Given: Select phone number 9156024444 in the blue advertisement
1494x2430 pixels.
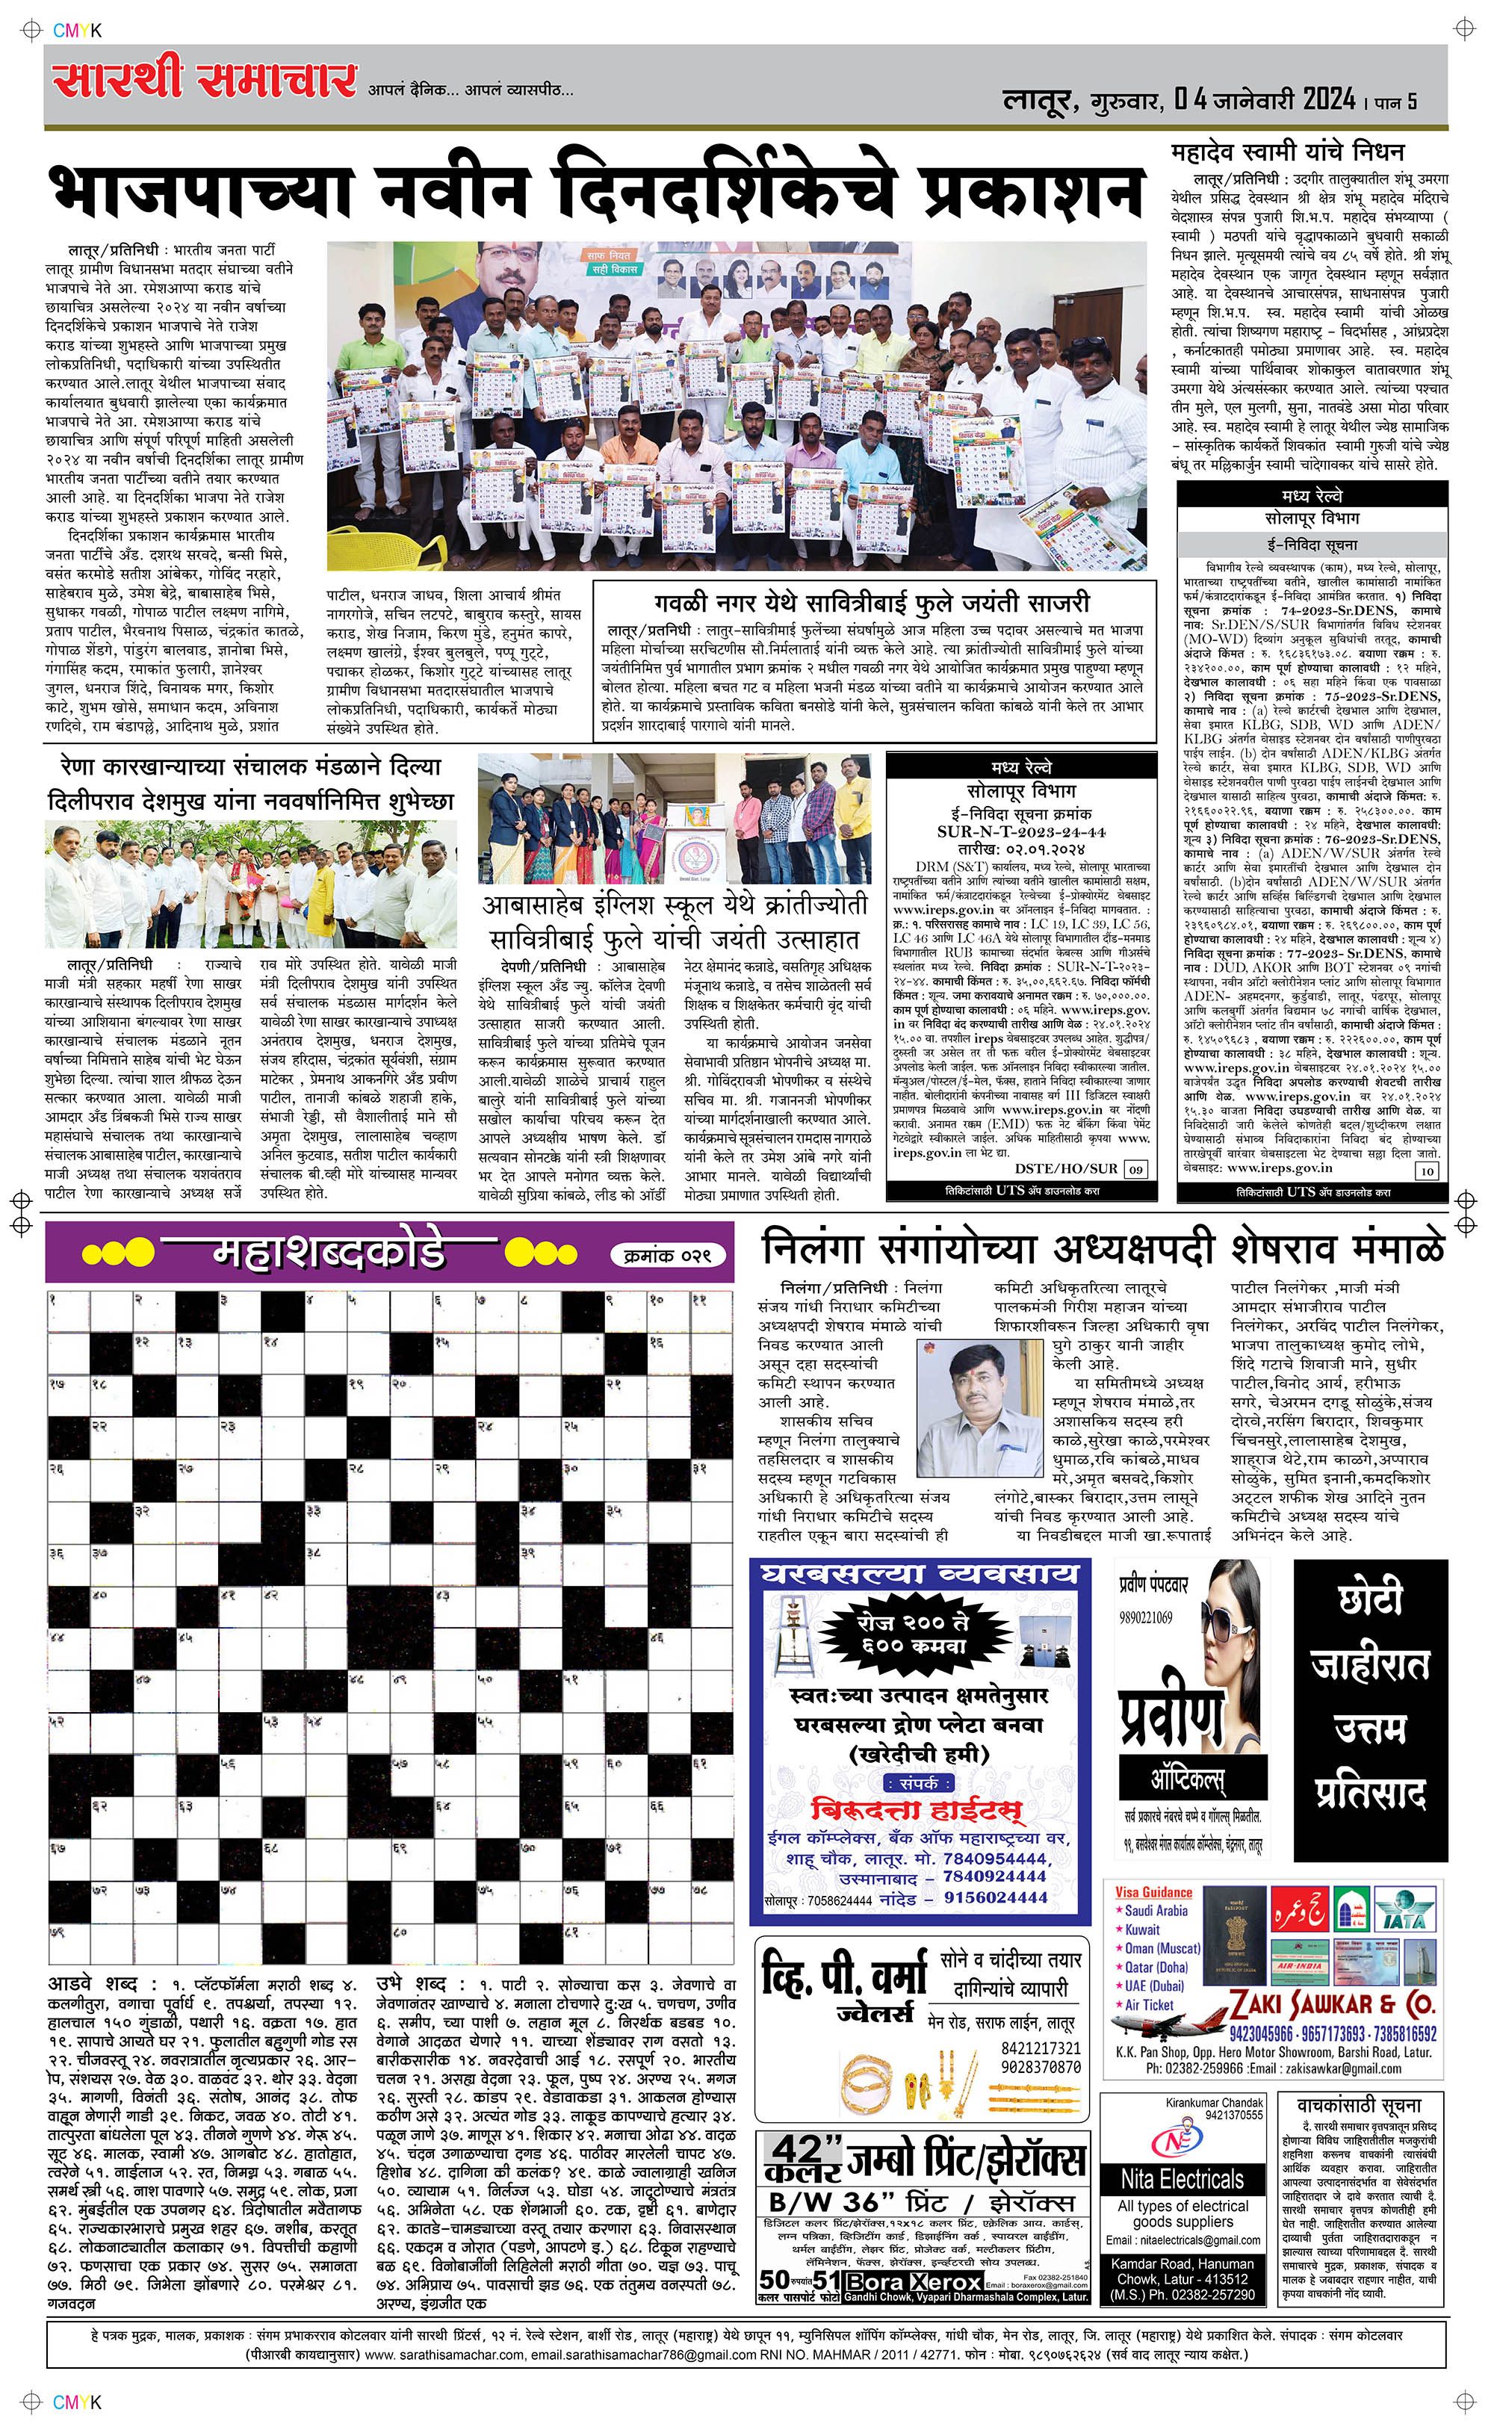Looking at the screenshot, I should coord(996,1897).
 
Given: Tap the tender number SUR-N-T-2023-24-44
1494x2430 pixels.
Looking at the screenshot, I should coord(1020,831).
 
